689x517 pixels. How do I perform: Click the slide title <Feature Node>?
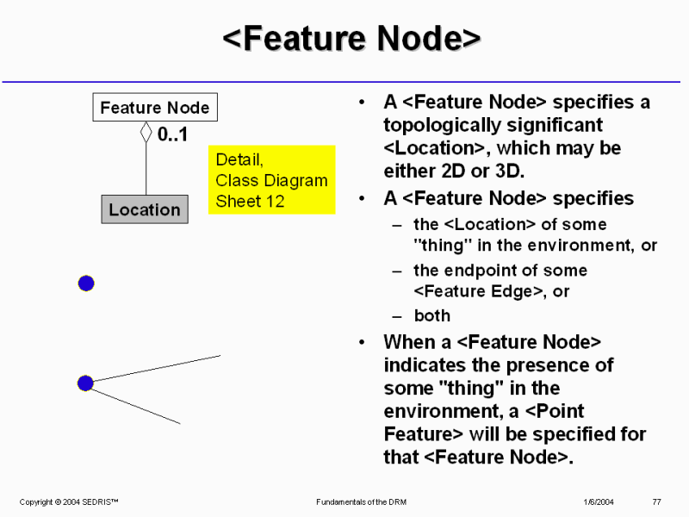351,40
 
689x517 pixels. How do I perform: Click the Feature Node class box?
155,108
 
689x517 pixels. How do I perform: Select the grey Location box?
145,209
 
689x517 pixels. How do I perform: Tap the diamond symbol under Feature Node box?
146,133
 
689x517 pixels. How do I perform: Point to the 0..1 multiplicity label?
172,135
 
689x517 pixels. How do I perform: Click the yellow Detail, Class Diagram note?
271,180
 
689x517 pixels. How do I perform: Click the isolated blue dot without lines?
86,283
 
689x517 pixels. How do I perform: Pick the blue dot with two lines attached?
85,383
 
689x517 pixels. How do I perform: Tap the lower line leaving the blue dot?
138,405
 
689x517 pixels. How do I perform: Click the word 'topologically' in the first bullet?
437,125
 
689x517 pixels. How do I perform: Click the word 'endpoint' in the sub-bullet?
477,270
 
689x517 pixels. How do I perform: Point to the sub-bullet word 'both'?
431,315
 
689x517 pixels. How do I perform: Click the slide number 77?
656,501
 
